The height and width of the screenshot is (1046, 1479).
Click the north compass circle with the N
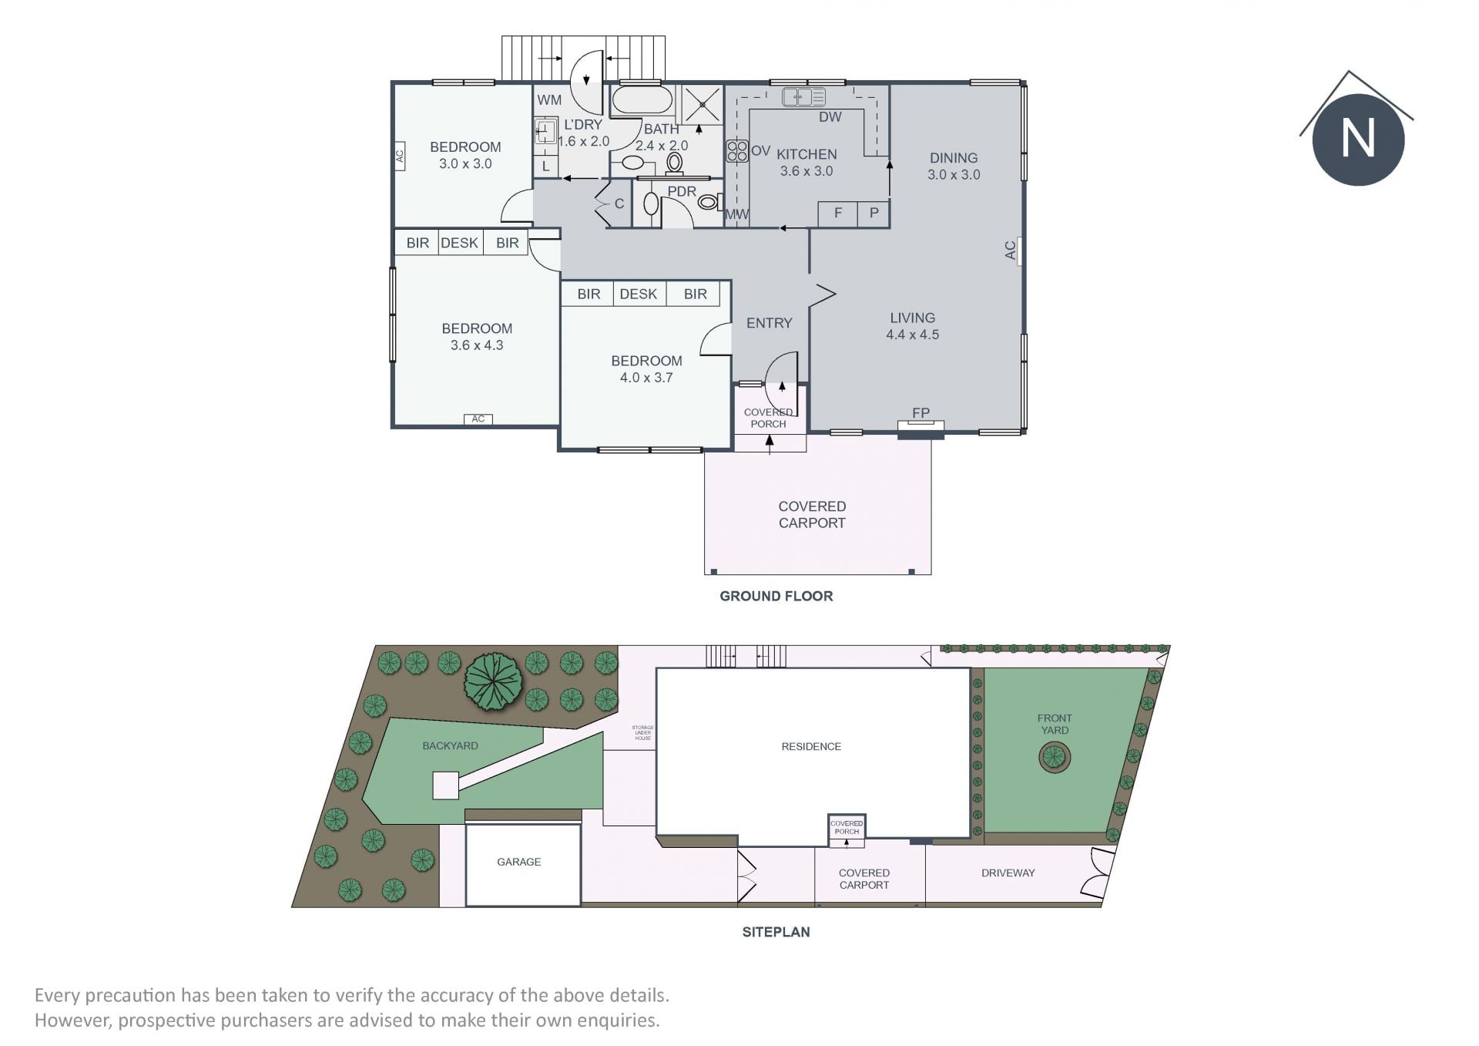coord(1358,140)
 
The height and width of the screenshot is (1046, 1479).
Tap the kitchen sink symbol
coord(803,97)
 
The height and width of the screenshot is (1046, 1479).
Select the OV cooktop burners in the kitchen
coord(737,150)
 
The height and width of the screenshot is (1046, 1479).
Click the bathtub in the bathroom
coord(642,100)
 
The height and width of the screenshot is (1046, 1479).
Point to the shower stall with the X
coord(700,104)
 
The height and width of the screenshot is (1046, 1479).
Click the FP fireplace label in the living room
coord(921,413)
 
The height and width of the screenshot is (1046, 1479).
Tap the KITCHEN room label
coord(807,154)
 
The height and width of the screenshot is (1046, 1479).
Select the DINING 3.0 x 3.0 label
coord(954,166)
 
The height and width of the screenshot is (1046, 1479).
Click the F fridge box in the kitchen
coord(838,214)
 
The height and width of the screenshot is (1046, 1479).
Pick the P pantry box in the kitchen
coord(874,214)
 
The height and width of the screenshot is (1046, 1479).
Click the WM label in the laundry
coord(549,99)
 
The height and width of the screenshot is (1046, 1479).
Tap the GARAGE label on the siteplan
coord(518,862)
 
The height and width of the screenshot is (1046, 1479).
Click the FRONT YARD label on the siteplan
coord(1055,724)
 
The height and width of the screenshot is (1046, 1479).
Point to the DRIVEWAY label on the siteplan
coord(1008,873)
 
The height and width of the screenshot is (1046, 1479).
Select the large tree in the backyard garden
coord(494,682)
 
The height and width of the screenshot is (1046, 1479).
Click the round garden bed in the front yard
coord(1055,758)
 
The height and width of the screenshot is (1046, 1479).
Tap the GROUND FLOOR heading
coord(776,596)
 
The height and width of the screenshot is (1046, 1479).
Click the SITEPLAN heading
coord(776,932)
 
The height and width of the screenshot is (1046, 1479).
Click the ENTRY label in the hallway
coord(769,323)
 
